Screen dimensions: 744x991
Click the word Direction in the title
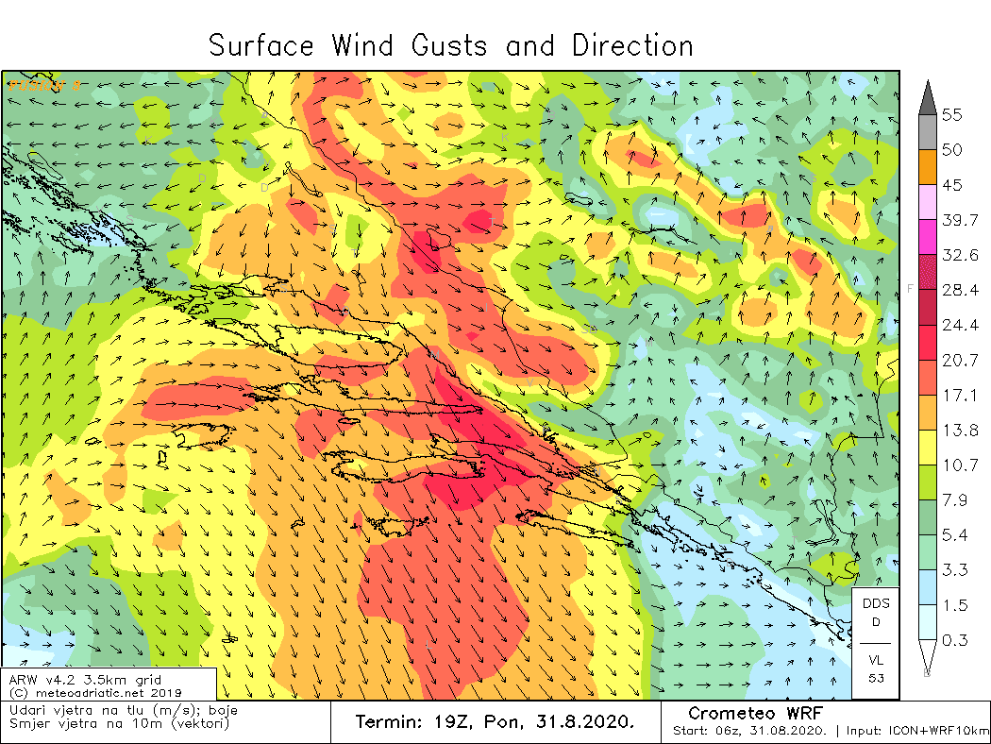632,45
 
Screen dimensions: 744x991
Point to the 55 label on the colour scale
952,115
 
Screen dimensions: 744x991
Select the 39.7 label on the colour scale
959,220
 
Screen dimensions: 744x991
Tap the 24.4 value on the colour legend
959,325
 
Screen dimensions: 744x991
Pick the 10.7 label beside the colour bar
959,465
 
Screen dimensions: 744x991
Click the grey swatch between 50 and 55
927,133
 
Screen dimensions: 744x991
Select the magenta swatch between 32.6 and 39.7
927,237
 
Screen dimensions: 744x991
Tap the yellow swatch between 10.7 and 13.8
927,448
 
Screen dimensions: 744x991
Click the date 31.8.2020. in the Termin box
586,722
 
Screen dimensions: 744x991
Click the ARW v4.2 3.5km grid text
85,680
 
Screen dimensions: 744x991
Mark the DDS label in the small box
875,603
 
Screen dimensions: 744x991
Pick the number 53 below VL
875,678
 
